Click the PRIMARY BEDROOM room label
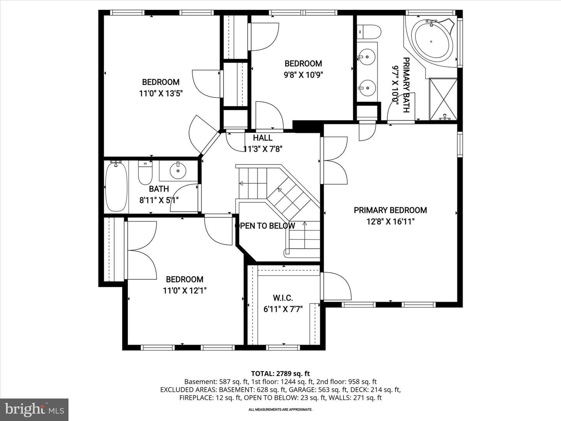(390, 210)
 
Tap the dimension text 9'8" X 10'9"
(303, 75)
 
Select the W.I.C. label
(283, 298)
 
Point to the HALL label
(263, 138)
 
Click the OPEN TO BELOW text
(265, 226)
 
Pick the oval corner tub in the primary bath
(431, 41)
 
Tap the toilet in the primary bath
(369, 32)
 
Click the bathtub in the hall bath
(116, 187)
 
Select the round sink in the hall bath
(178, 170)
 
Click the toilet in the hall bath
(145, 172)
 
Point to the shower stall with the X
(443, 99)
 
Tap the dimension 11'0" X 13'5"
(161, 94)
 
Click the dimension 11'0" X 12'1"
(185, 291)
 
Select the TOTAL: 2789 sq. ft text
(280, 373)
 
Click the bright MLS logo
(34, 409)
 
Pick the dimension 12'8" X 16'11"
(390, 221)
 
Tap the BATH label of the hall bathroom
(159, 189)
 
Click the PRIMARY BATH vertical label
(406, 85)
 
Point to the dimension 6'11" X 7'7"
(283, 309)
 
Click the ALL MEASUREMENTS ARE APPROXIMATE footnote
(280, 409)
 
